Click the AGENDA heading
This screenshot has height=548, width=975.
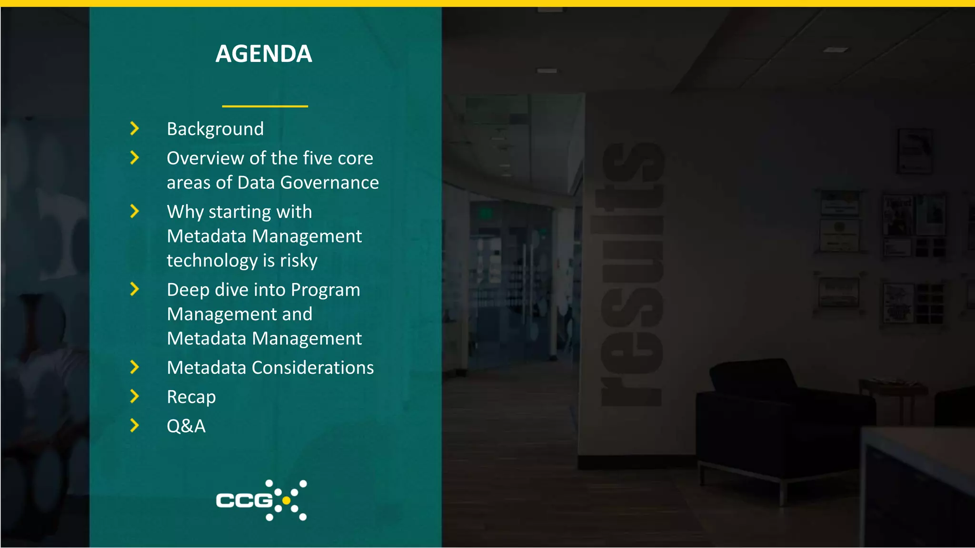point(264,54)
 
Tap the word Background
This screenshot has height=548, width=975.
point(215,129)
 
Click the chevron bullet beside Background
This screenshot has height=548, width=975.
point(135,128)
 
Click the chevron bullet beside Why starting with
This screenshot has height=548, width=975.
point(135,211)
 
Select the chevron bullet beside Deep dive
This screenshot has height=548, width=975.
point(135,289)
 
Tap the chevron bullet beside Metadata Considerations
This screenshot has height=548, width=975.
point(135,367)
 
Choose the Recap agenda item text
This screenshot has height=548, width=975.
point(191,397)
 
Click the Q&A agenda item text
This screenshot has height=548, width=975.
point(186,426)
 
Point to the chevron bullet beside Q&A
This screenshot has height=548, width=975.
point(135,426)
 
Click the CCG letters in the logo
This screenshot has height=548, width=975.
point(244,500)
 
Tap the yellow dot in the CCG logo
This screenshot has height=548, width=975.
point(286,500)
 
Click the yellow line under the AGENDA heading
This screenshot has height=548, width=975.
point(265,106)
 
